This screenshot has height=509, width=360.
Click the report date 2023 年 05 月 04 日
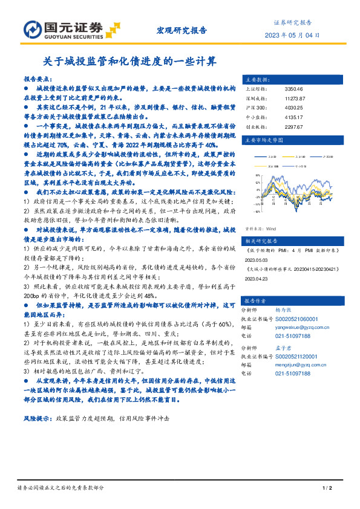click(x=292, y=34)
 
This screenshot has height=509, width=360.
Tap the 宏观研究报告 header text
click(x=182, y=29)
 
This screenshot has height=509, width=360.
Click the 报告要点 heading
click(x=38, y=79)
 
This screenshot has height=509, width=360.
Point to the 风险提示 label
click(x=36, y=418)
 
